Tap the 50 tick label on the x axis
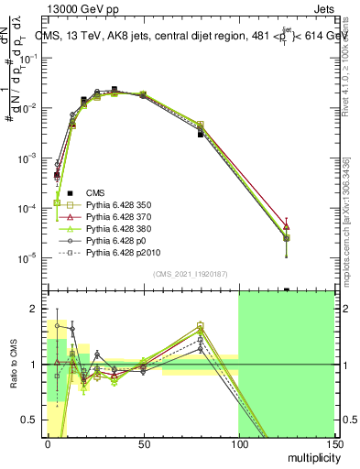tap(143, 443)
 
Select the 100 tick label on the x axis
tap(238, 443)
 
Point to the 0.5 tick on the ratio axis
tap(34, 422)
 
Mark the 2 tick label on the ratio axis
tap(38, 307)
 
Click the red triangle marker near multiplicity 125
tap(287, 226)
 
